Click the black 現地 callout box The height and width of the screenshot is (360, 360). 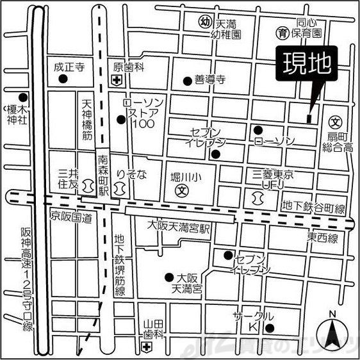tap(304, 64)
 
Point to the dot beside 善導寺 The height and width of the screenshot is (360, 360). tap(188, 81)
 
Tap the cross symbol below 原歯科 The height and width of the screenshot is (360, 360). tap(116, 80)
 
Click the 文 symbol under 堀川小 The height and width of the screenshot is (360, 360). tap(182, 190)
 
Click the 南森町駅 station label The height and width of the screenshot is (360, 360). tap(102, 176)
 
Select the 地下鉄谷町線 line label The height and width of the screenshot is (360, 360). tap(313, 208)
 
